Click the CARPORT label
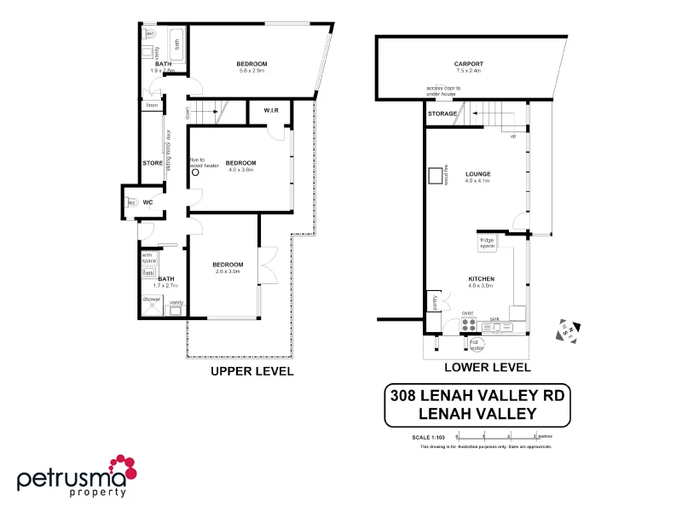click(468, 64)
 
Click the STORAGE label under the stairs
click(442, 113)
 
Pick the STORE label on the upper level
click(153, 162)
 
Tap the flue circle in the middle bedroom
click(196, 172)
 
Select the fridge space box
click(487, 242)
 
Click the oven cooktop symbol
click(469, 324)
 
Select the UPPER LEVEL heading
click(252, 371)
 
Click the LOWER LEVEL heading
click(488, 367)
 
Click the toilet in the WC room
click(132, 203)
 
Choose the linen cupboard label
click(153, 106)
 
